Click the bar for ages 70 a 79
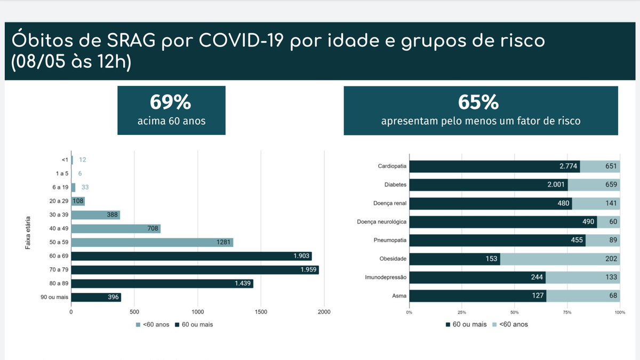pos(195,270)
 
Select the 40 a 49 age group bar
pos(116,229)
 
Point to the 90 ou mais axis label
pos(54,298)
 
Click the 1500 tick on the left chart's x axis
pos(261,312)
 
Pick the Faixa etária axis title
pos(28,233)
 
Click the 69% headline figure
pos(171,102)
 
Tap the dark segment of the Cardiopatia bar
pos(494,166)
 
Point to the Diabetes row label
pos(396,185)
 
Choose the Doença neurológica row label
pos(382,222)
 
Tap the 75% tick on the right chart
pos(567,312)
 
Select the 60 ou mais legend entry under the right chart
pos(466,324)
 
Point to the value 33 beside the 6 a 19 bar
pos(85,187)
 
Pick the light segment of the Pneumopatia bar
pos(603,241)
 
